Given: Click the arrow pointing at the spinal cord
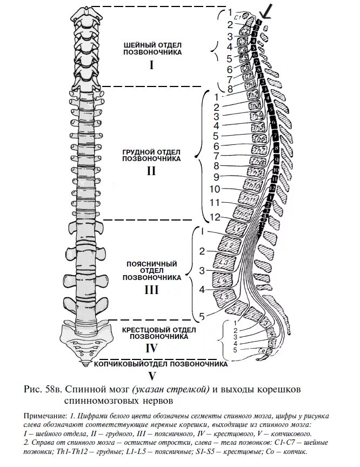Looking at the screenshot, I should pyautogui.click(x=266, y=10).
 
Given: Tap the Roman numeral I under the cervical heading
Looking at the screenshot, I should pyautogui.click(x=151, y=65).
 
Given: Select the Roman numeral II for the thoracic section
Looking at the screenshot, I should pyautogui.click(x=151, y=171).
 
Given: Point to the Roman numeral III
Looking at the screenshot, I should pyautogui.click(x=151, y=290).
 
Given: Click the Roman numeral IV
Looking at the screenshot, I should pyautogui.click(x=151, y=349).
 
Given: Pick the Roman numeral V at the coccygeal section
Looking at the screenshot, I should pyautogui.click(x=152, y=375).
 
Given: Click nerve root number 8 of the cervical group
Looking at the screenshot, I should pyautogui.click(x=230, y=89).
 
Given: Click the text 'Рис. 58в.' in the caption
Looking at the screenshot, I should pyautogui.click(x=45, y=389).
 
